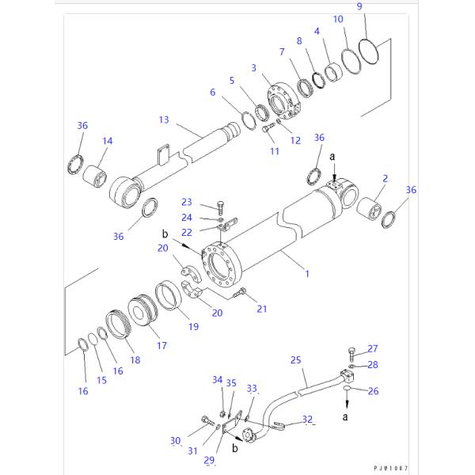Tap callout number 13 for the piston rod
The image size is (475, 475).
click(164, 120)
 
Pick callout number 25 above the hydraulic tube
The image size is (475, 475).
click(296, 360)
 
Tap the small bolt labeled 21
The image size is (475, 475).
click(245, 293)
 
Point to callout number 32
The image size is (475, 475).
click(308, 420)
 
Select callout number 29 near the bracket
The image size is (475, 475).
click(209, 459)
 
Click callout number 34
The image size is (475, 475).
click(217, 380)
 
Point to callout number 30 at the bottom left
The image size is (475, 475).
click(176, 440)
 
